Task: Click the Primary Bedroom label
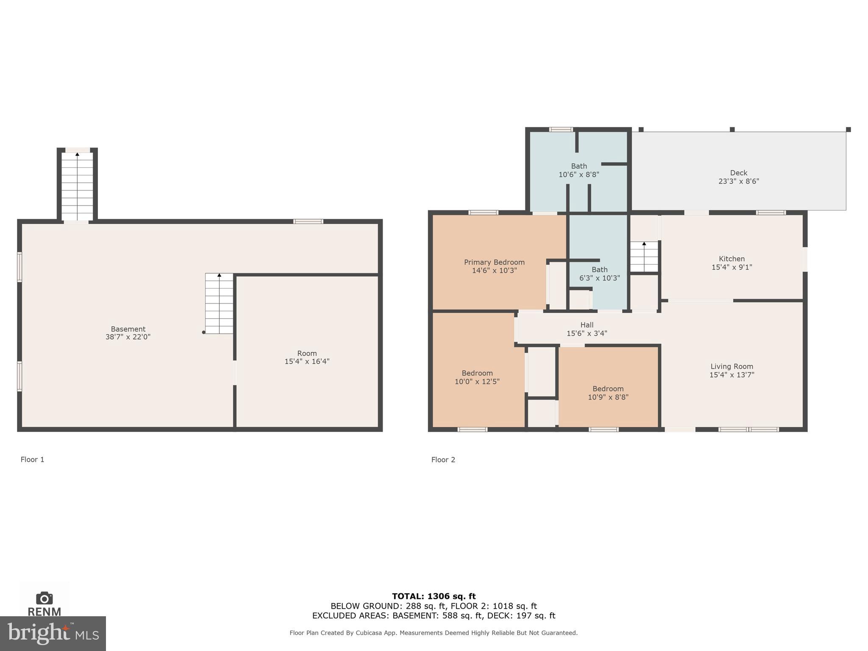pos(494,262)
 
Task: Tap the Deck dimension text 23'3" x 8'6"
pos(738,181)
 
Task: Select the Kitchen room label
pos(732,259)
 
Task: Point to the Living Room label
pos(732,367)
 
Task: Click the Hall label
pos(587,325)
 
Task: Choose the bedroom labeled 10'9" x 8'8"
pos(608,393)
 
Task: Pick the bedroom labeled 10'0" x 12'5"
pos(477,377)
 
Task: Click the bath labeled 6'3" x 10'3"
pos(599,274)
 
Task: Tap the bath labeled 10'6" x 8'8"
pos(579,170)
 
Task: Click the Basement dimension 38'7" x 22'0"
pos(128,337)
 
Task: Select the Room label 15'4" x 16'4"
pos(307,357)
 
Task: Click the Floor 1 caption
pos(33,459)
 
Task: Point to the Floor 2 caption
pos(443,460)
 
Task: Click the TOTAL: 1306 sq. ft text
pos(434,596)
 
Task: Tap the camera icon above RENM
pos(45,598)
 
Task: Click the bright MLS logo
pos(53,633)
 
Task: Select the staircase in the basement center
pos(219,303)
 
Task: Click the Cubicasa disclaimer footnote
pos(434,633)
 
